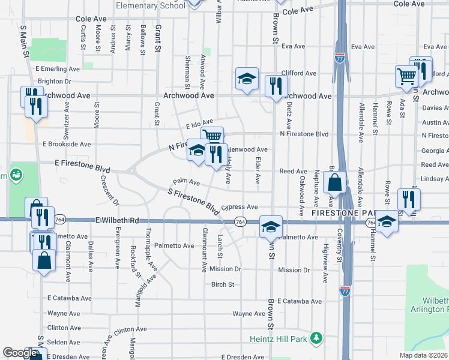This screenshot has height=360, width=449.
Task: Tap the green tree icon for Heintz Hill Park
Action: pyautogui.click(x=316, y=339)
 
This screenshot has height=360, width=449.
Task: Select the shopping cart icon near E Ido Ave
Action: pyautogui.click(x=212, y=136)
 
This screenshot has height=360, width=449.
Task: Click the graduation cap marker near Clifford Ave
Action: pyautogui.click(x=246, y=78)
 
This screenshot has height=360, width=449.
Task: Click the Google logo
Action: pyautogui.click(x=20, y=352)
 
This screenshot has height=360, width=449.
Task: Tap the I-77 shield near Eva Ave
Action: pyautogui.click(x=339, y=58)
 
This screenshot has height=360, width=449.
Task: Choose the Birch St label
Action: pyautogui.click(x=222, y=284)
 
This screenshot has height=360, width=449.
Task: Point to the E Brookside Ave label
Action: pyautogui.click(x=67, y=144)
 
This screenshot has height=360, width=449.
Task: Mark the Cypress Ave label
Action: pyautogui.click(x=240, y=206)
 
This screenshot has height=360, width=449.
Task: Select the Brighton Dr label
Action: pyautogui.click(x=55, y=81)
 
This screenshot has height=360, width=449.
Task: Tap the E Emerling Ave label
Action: pyautogui.click(x=58, y=69)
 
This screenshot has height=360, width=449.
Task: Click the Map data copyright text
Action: pyautogui.click(x=424, y=355)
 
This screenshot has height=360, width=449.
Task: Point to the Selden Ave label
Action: pyautogui.click(x=59, y=341)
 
